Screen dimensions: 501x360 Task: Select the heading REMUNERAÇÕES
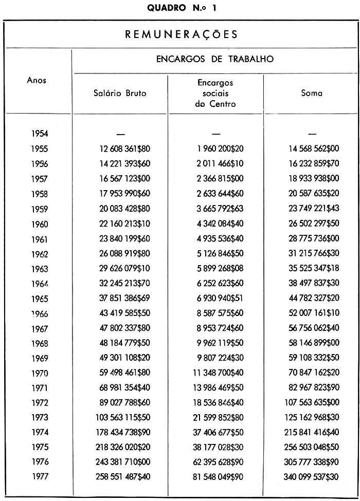pyautogui.click(x=182, y=34)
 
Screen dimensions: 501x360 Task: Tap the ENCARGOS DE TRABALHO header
pyautogui.click(x=215, y=59)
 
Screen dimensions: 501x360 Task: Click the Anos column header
pyautogui.click(x=37, y=80)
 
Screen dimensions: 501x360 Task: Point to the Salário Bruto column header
pyautogui.click(x=120, y=93)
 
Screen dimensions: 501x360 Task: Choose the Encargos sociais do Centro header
pyautogui.click(x=215, y=93)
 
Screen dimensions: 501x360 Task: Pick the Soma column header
pyautogui.click(x=312, y=93)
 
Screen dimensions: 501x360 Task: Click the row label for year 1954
pyautogui.click(x=40, y=134)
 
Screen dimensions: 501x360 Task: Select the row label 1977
pyautogui.click(x=40, y=477)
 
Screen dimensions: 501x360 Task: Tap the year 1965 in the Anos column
pyautogui.click(x=40, y=299)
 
